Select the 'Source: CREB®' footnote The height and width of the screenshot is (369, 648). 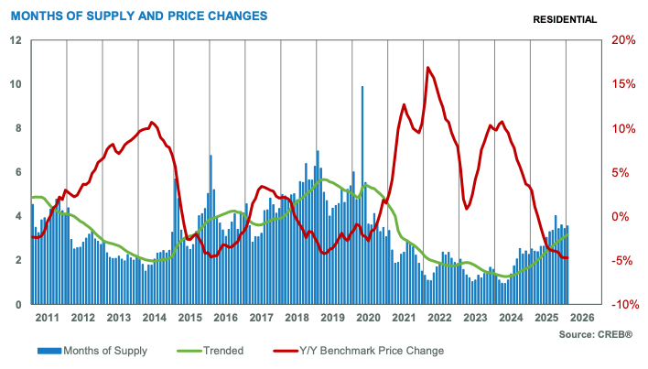point(595,335)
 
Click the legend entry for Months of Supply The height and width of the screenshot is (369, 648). point(92,350)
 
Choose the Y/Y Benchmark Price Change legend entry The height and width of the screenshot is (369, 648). point(358,350)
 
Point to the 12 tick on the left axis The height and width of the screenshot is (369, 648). point(16,40)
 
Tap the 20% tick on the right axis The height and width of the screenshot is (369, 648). point(622,40)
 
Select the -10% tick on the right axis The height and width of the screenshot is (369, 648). point(621,304)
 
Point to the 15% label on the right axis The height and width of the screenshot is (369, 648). point(622,84)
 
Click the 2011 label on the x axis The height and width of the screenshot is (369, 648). point(48,318)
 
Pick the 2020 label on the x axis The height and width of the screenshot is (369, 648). point(368,318)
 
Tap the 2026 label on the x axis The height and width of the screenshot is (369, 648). point(581,318)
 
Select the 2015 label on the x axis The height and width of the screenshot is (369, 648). point(189,318)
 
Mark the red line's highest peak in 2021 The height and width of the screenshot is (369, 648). point(427,69)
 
